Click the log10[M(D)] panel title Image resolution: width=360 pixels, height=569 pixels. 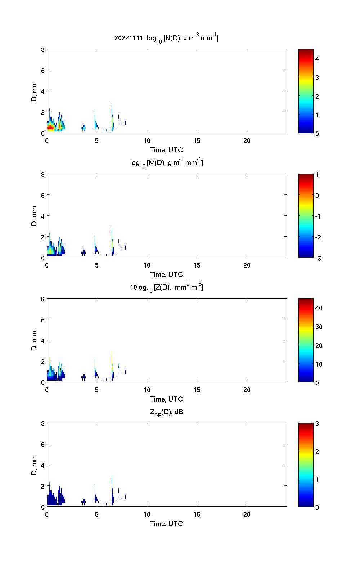(166, 163)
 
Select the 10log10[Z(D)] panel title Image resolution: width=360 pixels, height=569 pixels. (166, 287)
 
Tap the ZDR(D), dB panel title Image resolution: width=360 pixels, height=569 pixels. (166, 412)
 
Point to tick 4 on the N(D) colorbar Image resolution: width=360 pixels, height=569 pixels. (317, 59)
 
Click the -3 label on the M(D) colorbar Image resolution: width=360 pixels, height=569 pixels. (317, 258)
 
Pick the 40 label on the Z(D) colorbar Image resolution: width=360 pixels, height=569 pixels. (319, 308)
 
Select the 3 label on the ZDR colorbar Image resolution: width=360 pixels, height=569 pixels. (317, 424)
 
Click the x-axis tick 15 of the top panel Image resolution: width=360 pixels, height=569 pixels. (197, 141)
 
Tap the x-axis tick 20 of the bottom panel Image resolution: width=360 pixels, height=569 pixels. (247, 515)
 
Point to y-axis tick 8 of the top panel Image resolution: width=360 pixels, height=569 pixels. (43, 50)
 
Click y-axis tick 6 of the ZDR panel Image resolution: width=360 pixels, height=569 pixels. (43, 444)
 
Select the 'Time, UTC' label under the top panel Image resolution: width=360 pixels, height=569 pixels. (166, 150)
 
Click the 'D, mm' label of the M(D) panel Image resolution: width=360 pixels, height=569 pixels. (34, 216)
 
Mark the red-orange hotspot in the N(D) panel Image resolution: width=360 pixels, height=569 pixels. (51, 127)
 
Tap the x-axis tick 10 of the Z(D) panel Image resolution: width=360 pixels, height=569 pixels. (147, 390)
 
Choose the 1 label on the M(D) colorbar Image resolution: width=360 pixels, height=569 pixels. (317, 175)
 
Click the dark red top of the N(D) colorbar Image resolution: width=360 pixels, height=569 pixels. (306, 51)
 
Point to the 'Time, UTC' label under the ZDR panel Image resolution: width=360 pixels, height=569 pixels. (166, 524)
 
